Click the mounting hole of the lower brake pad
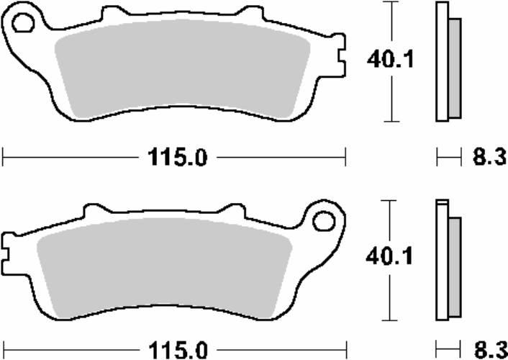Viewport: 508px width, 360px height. tap(325, 221)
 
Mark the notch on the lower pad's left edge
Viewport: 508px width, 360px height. tap(7, 253)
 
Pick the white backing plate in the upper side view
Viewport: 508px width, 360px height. tap(442, 61)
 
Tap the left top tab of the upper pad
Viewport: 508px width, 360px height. tap(112, 14)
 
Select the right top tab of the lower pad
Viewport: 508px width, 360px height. tap(230, 211)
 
